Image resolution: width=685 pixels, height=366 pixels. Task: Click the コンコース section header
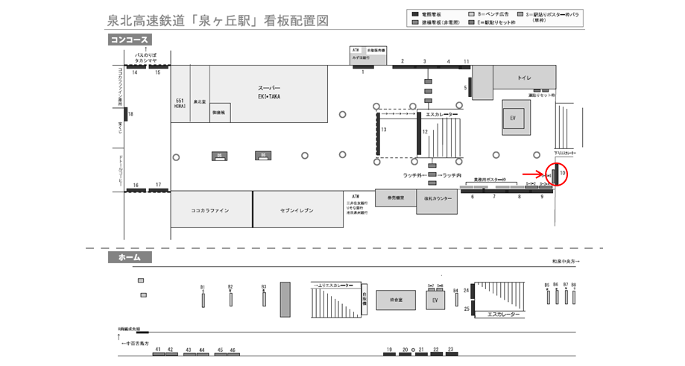pos(130,40)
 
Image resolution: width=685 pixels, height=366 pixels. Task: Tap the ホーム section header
pos(130,257)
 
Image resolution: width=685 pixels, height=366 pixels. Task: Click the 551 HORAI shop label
pos(180,103)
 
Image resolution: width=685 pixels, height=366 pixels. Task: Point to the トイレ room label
pos(524,77)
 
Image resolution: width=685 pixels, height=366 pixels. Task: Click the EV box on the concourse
pos(513,119)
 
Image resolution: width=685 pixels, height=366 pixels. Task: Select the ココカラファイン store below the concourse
pos(210,210)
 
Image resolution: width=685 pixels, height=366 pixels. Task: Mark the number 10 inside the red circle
pos(564,174)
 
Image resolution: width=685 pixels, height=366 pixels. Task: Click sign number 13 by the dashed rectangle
pos(383,130)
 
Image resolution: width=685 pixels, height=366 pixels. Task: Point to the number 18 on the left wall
pos(130,114)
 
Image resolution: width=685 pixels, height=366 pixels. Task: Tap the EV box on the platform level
pos(436,300)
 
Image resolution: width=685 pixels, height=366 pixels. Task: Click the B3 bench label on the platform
pos(264,286)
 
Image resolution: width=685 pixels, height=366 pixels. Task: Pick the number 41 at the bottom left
pos(157,349)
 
